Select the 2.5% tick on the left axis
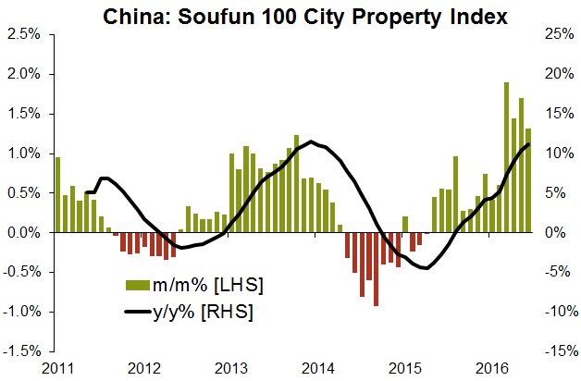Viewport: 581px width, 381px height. pos(24,34)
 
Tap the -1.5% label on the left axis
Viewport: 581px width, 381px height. pos(22,351)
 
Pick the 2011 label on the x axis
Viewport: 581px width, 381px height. pos(57,368)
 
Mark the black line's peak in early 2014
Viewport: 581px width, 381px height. pos(313,141)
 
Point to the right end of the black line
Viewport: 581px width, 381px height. pos(528,144)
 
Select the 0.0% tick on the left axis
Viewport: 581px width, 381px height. pos(24,233)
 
